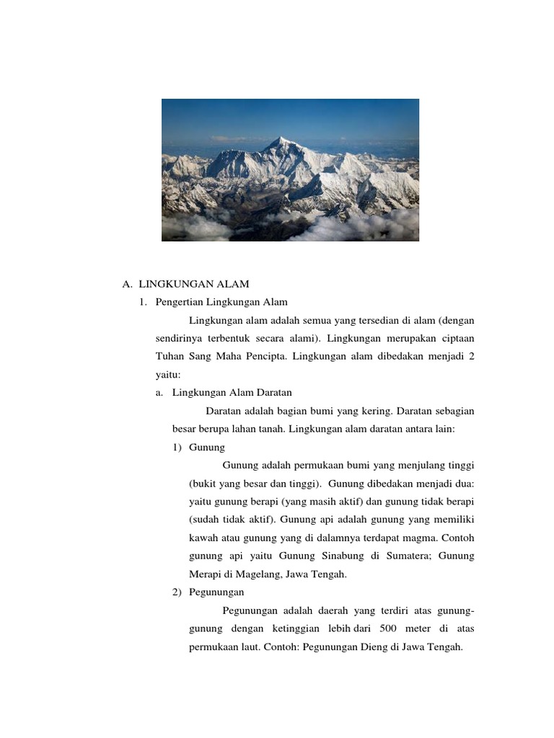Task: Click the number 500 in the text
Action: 388,628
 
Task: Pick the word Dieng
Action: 359,646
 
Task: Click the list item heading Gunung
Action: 207,447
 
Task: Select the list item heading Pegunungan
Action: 216,592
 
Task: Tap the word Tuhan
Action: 170,356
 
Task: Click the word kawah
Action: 203,538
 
